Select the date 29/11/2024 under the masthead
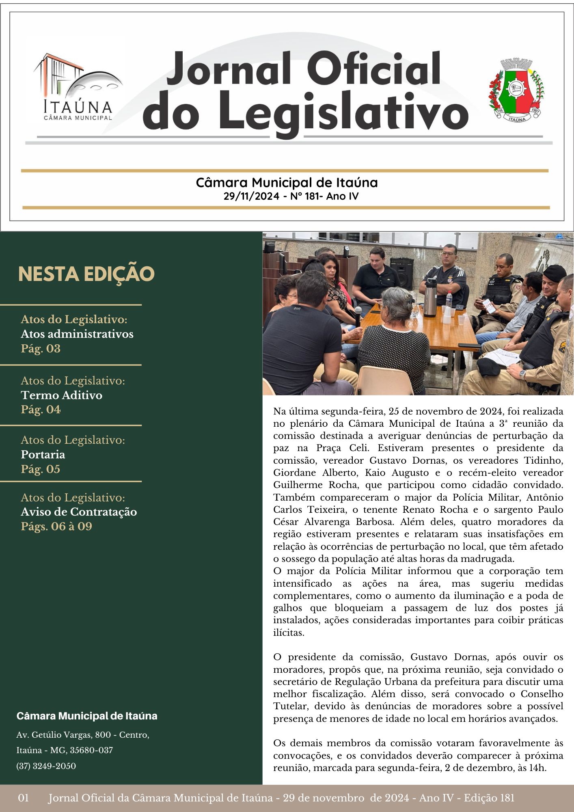[251, 197]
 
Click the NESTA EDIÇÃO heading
[86, 274]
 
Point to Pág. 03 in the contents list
[41, 348]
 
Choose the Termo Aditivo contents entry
[62, 395]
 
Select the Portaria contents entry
[43, 454]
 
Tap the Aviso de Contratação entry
[79, 512]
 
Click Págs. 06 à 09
[56, 527]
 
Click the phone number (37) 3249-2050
[46, 766]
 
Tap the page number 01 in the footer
[24, 798]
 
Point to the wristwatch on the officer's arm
[523, 373]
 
